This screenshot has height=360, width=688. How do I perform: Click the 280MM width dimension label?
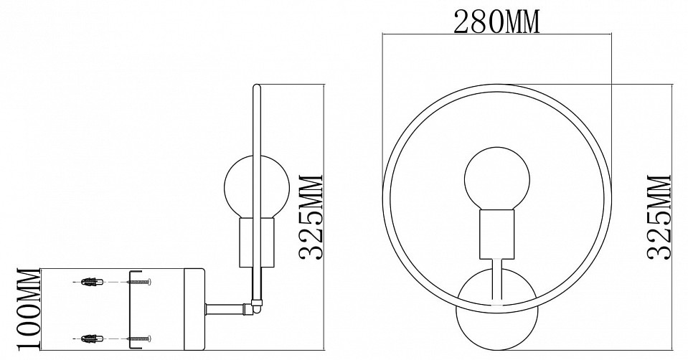click(x=496, y=23)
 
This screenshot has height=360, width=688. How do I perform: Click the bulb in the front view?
click(x=496, y=178)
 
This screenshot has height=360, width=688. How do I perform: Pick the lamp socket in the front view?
click(x=496, y=234)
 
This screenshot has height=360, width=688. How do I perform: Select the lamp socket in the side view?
click(x=255, y=242)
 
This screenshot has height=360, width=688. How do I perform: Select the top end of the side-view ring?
click(x=257, y=88)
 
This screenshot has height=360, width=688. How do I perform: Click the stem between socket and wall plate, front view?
click(x=496, y=281)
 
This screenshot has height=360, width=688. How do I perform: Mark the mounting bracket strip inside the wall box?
click(x=129, y=309)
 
